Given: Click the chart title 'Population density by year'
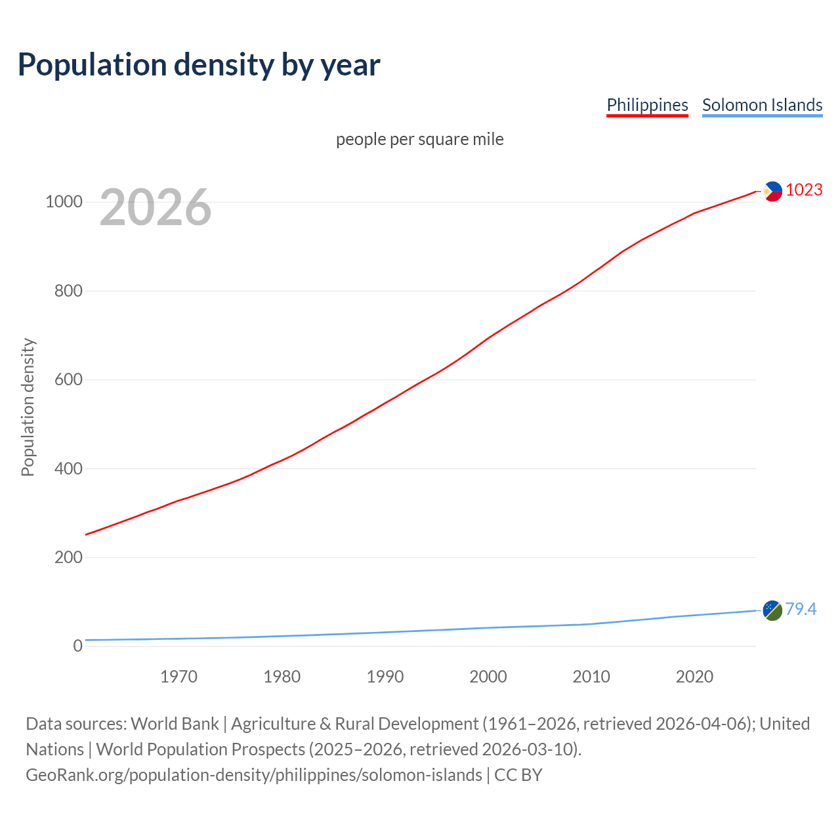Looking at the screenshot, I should tap(199, 64).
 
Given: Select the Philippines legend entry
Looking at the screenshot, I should tap(647, 105).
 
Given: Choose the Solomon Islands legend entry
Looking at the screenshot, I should tap(762, 105).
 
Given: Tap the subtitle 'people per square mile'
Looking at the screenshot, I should tap(420, 139).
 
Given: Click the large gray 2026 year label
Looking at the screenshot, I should tap(156, 207).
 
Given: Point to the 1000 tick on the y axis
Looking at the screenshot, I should tap(64, 201).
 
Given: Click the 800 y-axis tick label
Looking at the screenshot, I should tap(68, 291).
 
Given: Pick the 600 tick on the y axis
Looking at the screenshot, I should tap(68, 379).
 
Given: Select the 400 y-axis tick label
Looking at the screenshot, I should tap(68, 469).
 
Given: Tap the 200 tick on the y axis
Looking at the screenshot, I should tap(68, 557).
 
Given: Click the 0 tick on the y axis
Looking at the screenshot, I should tap(77, 646).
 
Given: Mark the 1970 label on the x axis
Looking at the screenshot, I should tap(178, 677).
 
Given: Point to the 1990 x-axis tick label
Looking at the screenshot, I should tap(385, 677).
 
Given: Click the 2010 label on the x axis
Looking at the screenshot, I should tap(591, 677).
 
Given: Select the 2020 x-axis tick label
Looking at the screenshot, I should tap(694, 677).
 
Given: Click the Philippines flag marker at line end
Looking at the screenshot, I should tap(773, 192).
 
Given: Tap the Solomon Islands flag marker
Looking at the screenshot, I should tap(772, 610).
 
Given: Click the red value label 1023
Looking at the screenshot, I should tap(804, 190).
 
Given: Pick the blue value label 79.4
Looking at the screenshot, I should tap(801, 610).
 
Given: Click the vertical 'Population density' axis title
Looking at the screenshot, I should tap(28, 407).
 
